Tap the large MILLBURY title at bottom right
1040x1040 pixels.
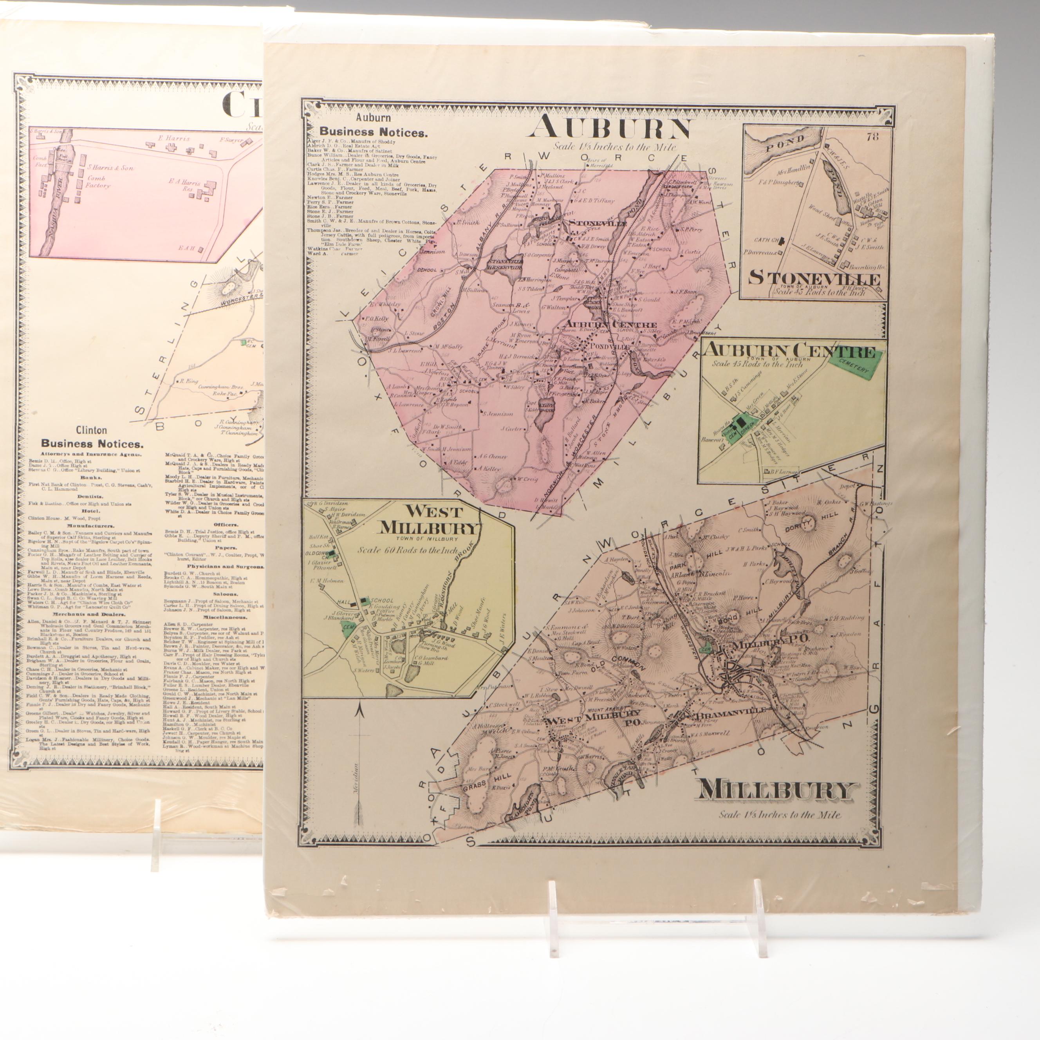(776, 790)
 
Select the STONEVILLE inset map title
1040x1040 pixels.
(814, 278)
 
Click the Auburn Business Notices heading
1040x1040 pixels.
(373, 131)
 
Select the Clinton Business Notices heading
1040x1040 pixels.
(92, 444)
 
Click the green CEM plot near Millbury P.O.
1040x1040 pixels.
(707, 649)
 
